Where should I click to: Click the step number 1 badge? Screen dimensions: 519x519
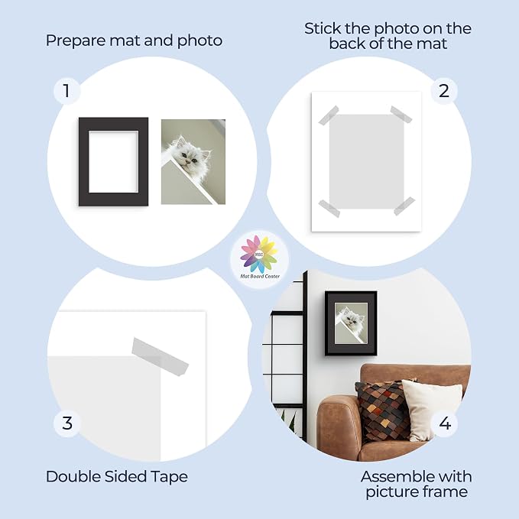point(66,91)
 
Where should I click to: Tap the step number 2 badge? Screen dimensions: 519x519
point(444,91)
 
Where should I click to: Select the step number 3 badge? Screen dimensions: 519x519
point(67,423)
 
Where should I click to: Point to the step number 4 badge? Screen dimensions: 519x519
point(445,423)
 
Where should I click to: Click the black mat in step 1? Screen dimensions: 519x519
point(84,161)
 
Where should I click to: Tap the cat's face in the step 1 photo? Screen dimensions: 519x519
point(188,157)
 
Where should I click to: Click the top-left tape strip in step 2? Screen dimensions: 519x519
point(329,115)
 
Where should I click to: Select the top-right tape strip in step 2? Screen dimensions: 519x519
point(401,114)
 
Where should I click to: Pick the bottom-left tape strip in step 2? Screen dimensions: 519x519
point(329,209)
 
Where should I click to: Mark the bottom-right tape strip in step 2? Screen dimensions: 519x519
point(404,206)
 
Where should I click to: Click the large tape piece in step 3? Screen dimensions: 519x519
point(160,356)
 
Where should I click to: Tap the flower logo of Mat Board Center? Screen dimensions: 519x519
point(259,255)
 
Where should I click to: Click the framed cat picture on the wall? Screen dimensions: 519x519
point(351,323)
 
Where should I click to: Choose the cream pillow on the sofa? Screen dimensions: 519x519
point(430,410)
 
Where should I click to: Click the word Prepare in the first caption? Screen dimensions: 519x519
point(76,41)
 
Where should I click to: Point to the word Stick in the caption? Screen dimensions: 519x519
point(323,28)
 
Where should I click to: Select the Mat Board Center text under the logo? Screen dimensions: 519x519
point(260,276)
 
